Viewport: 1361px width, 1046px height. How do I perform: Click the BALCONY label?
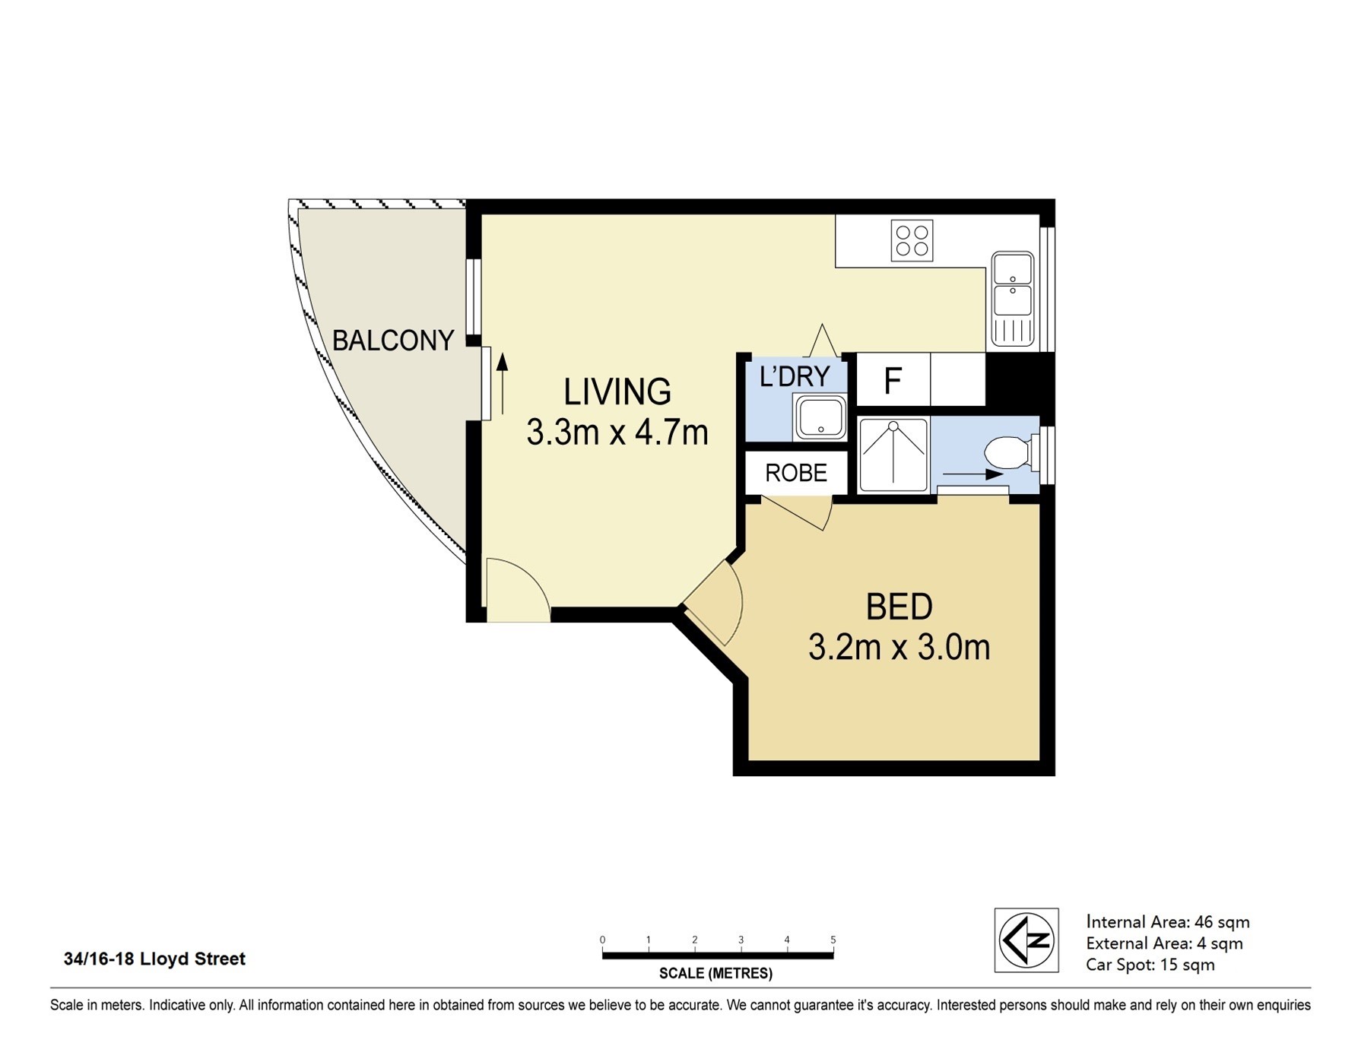tap(393, 341)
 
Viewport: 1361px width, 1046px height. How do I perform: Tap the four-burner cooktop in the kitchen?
tap(912, 241)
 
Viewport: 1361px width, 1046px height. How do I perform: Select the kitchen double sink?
tap(1013, 299)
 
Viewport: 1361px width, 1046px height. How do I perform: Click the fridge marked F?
tap(893, 379)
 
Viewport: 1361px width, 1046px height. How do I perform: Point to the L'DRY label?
tap(795, 376)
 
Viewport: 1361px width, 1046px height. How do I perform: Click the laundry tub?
tap(820, 417)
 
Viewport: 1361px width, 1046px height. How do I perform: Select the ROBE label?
tap(796, 473)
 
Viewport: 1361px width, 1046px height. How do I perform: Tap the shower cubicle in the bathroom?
tap(893, 455)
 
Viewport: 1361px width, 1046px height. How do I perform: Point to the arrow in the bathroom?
tap(973, 474)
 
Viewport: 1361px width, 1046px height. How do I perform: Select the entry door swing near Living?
tap(518, 590)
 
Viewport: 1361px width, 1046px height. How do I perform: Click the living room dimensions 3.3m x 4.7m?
tap(617, 433)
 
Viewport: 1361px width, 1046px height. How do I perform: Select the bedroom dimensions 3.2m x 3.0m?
tap(899, 648)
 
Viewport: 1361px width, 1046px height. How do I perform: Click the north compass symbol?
tap(1026, 940)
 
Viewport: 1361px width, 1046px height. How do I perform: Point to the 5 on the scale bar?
tap(833, 940)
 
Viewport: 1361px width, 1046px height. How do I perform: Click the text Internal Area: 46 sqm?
tap(1168, 922)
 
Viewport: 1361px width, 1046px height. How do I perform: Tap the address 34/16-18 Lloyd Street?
tap(154, 959)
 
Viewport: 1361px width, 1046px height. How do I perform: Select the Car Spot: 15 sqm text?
tap(1150, 965)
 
